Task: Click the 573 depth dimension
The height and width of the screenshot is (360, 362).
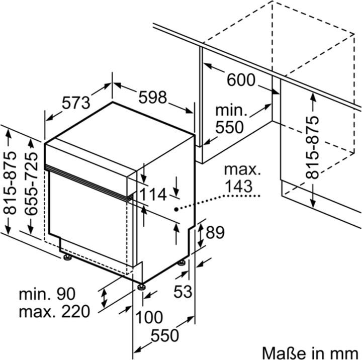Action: (x=76, y=103)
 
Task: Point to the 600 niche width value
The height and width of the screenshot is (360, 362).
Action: (x=241, y=79)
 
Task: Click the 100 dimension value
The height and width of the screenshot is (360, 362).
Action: (x=149, y=317)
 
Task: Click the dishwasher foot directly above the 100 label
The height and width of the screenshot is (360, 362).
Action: (x=143, y=287)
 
